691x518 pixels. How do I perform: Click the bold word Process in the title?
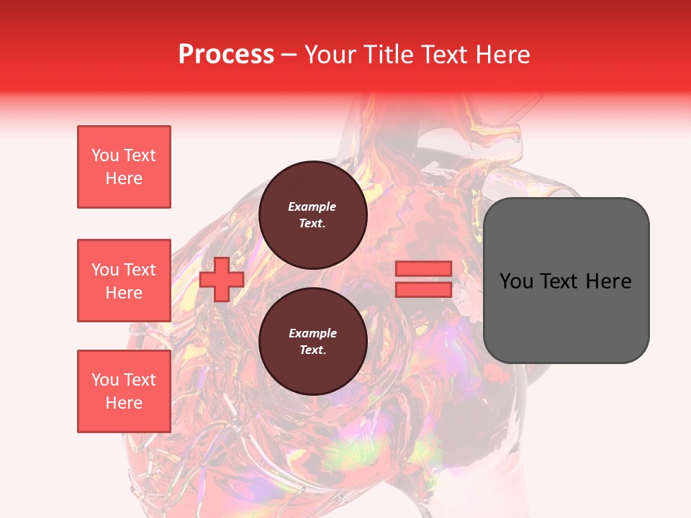[226, 55]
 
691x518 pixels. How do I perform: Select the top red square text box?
[124, 167]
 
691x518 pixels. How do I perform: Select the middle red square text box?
[124, 281]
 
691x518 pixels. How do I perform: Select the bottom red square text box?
[124, 391]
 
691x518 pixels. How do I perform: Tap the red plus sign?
[222, 280]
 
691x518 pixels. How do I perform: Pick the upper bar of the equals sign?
[424, 269]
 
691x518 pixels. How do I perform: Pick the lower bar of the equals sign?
[424, 289]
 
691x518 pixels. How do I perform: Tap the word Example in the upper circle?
[312, 206]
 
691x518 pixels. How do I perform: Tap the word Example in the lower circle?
[312, 333]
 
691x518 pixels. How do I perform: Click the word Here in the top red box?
[124, 178]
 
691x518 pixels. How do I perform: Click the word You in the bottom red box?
[104, 380]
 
